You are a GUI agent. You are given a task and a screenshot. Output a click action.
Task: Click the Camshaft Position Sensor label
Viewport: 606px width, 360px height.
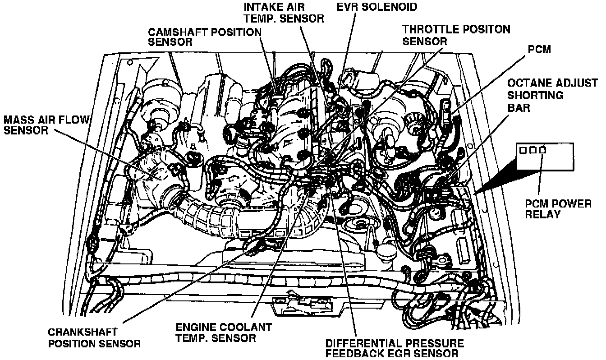[205, 37]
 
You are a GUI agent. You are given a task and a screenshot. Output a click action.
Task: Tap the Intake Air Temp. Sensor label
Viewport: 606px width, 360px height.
[284, 13]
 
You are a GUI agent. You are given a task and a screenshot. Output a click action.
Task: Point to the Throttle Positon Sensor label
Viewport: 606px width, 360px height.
[456, 35]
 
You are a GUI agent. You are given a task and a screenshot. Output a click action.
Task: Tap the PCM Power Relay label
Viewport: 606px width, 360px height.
[558, 209]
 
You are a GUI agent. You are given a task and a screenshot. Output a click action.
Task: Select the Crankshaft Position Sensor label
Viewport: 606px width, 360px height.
[94, 337]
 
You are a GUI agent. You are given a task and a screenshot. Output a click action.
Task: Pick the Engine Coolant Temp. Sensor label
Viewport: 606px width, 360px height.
[224, 332]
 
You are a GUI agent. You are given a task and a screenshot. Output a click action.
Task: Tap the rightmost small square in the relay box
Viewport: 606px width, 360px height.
[542, 150]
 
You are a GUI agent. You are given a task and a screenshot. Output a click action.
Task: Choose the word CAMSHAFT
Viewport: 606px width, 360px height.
[178, 32]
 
